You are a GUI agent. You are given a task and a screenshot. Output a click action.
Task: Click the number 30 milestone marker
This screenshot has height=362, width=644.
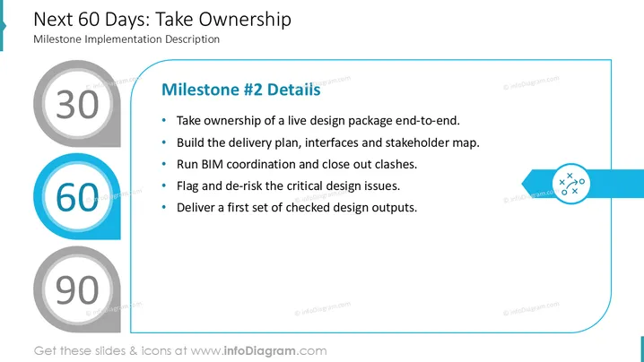tap(77, 103)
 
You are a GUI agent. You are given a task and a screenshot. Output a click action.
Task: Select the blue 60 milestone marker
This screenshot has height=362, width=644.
tap(77, 196)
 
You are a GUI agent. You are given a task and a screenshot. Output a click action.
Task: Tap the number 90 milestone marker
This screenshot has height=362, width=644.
tap(77, 289)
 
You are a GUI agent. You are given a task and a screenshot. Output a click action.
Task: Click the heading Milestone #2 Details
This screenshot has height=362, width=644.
tap(240, 90)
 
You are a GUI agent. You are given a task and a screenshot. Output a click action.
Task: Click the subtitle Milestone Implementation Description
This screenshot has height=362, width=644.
tap(126, 39)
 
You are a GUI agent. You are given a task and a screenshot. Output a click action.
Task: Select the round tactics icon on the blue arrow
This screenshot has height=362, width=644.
tap(570, 184)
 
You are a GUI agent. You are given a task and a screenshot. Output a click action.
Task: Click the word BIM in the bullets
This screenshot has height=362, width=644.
tap(212, 164)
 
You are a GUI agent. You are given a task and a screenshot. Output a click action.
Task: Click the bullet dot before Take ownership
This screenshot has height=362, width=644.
tap(164, 120)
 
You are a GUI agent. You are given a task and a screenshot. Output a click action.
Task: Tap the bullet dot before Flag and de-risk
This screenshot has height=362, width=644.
tap(164, 185)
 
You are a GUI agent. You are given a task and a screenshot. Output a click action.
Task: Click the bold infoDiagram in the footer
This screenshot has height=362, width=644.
tap(259, 351)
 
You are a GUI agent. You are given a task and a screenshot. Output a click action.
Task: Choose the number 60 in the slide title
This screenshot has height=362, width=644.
tap(89, 20)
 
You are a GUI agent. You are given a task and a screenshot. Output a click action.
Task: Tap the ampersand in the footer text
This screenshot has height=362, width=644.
tap(133, 351)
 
